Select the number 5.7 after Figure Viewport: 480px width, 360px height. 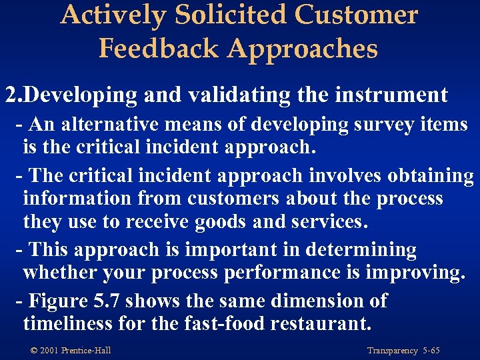pyautogui.click(x=107, y=301)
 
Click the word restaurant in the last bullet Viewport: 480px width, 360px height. pyautogui.click(x=317, y=324)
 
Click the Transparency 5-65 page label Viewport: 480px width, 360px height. pyautogui.click(x=404, y=351)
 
